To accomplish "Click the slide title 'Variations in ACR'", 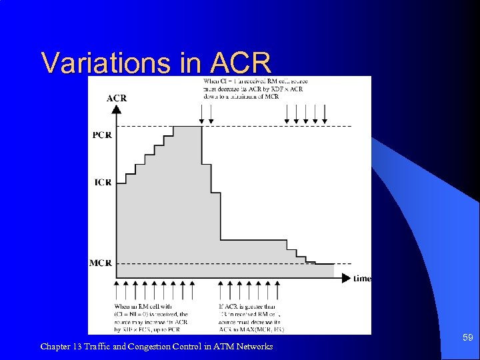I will click(x=156, y=63).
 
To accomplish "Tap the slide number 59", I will click(x=468, y=338).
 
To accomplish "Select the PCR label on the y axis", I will click(x=102, y=135).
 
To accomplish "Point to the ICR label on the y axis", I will click(x=103, y=182).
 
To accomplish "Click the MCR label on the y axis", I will click(x=101, y=263).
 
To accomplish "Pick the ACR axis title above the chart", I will click(x=117, y=98).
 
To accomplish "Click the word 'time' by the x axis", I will click(x=362, y=278).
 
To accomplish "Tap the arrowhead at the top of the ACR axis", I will click(x=117, y=109).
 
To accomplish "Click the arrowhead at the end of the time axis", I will click(x=345, y=278).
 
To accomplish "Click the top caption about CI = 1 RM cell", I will click(x=255, y=89).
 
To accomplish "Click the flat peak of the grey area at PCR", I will click(x=187, y=127).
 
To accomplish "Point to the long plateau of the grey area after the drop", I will click(x=253, y=241).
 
